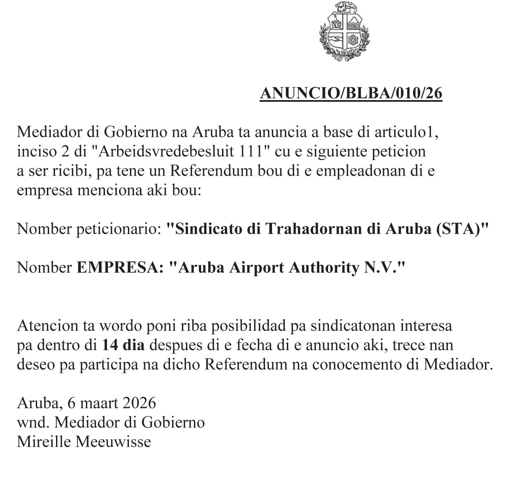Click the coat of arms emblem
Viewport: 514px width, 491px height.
(x=344, y=31)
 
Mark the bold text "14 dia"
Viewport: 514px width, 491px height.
(x=123, y=345)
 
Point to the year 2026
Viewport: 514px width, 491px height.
(x=139, y=403)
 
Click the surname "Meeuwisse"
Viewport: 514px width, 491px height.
(x=113, y=442)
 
